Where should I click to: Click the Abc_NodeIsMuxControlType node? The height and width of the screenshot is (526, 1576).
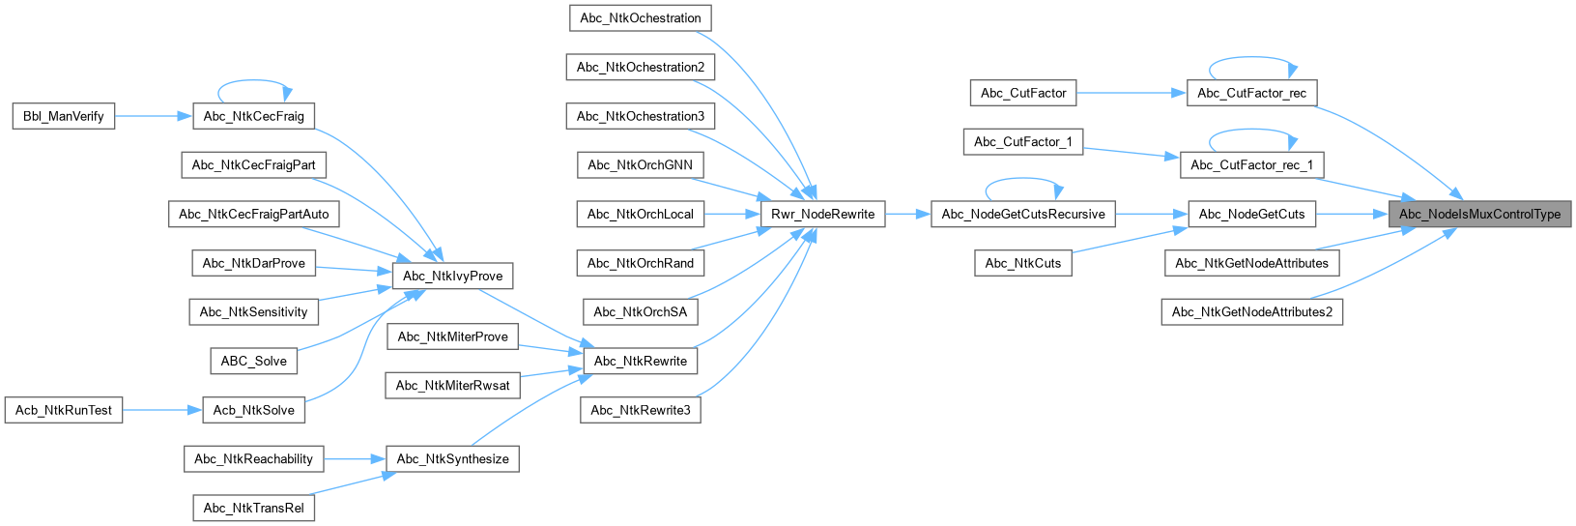1479,214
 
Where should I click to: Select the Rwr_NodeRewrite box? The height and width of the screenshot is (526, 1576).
822,214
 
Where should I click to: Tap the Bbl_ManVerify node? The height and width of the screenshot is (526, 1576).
64,116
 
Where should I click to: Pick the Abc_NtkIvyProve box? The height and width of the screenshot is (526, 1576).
452,276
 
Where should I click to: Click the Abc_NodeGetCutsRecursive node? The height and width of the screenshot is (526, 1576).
1023,214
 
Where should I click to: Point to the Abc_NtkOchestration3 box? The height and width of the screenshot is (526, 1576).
640,116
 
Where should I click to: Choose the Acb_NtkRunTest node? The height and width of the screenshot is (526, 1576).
64,410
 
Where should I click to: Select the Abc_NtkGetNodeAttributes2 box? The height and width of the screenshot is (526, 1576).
1251,311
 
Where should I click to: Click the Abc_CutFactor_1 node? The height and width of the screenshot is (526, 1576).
1022,141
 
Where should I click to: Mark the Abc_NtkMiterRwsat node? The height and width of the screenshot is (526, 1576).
452,385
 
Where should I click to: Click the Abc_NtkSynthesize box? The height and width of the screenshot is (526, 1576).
452,458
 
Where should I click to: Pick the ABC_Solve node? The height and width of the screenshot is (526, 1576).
253,361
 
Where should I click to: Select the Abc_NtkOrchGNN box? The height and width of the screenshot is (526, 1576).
640,164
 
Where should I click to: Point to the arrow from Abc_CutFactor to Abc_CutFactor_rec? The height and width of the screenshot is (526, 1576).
1131,93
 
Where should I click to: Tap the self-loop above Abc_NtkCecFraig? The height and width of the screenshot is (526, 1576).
254,81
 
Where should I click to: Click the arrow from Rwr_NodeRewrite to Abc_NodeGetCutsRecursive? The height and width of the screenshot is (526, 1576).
907,214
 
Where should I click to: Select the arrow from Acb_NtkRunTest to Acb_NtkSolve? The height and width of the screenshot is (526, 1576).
161,410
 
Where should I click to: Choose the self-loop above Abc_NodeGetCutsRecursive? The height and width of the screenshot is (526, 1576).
1023,179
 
